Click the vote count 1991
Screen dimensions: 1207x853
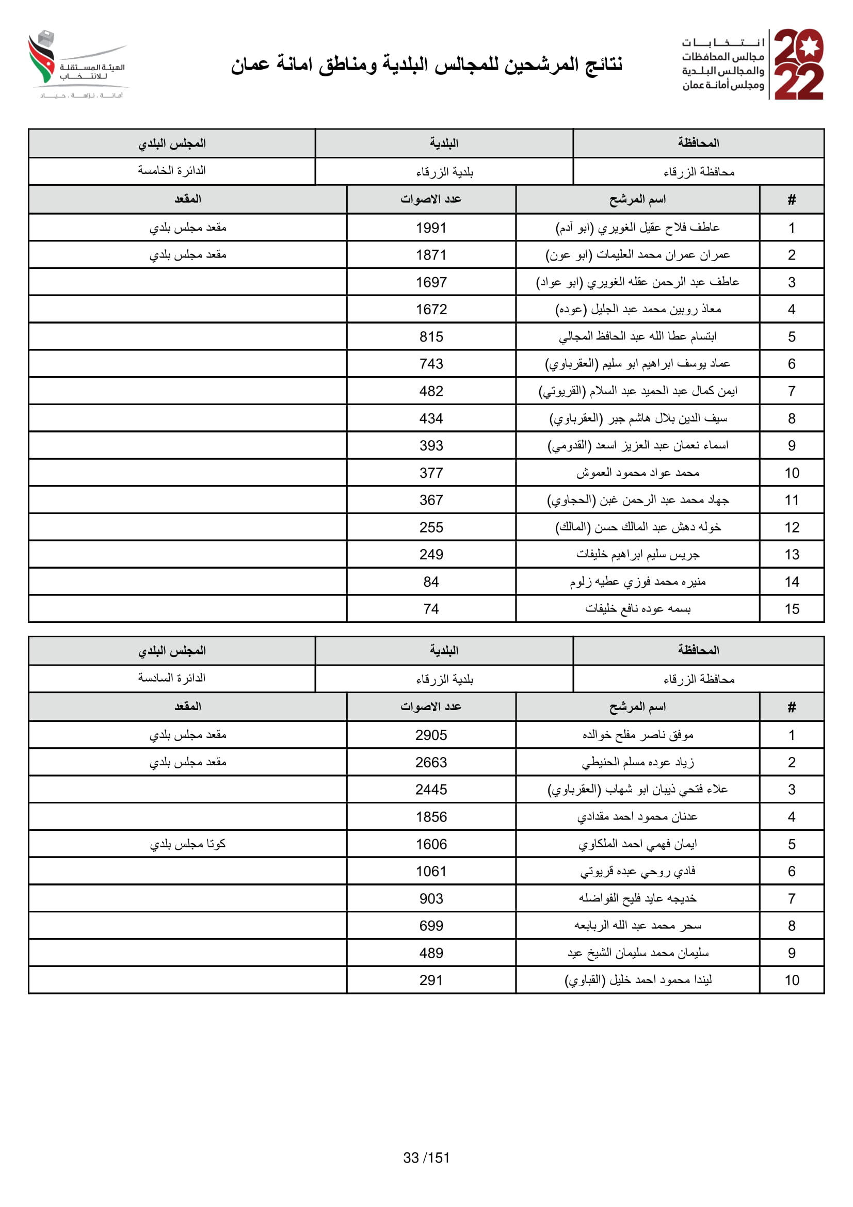431,228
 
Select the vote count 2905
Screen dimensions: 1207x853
431,735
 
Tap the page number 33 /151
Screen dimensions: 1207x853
426,1157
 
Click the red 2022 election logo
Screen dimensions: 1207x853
798,64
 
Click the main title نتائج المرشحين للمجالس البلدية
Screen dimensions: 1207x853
426,65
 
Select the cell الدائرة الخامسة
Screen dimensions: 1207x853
172,171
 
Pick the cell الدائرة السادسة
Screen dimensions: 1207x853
172,678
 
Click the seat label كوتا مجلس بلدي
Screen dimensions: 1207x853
188,844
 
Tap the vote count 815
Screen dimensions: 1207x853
431,336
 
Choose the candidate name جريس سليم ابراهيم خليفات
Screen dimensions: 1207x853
637,555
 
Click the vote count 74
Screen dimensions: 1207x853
431,609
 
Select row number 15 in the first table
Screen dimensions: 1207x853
792,609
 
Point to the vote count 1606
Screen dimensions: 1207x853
431,844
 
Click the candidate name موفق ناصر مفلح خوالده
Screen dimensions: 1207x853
637,735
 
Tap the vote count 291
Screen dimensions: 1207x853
431,980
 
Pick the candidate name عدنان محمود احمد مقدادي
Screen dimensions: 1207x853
637,817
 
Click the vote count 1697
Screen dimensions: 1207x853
431,282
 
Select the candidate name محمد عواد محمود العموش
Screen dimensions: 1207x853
637,473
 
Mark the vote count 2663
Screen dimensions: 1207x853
431,762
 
